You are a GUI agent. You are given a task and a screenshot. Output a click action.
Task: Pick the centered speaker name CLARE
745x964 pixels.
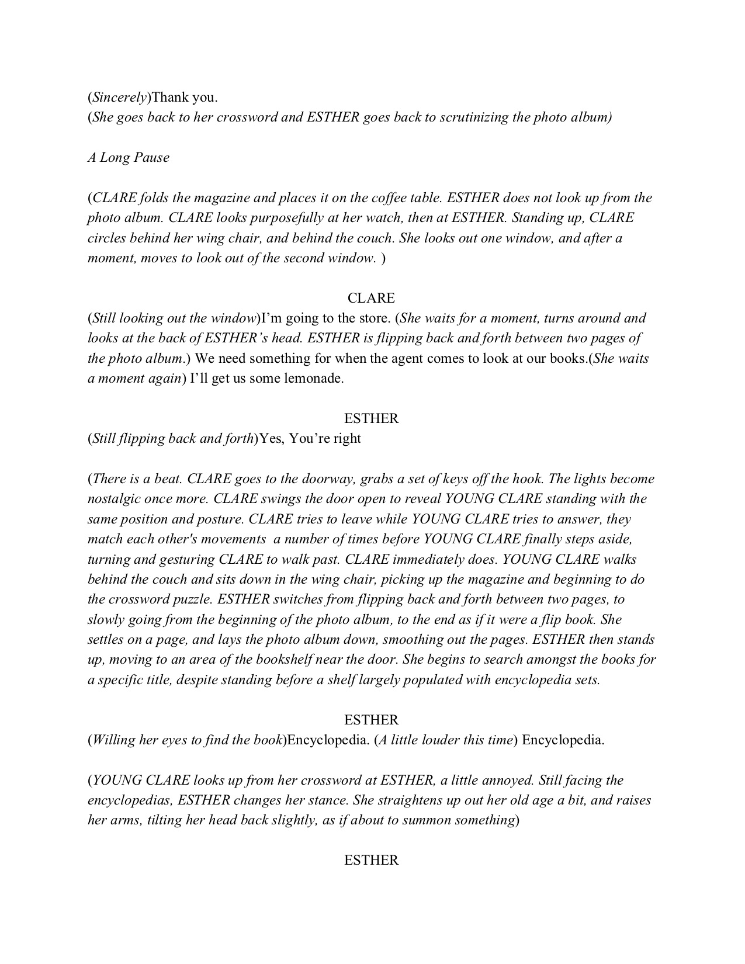[x=372, y=298]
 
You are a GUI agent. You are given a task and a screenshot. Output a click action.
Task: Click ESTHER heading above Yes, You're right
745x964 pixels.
[x=372, y=418]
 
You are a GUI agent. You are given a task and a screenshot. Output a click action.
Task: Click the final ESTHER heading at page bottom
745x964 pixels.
[x=372, y=860]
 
